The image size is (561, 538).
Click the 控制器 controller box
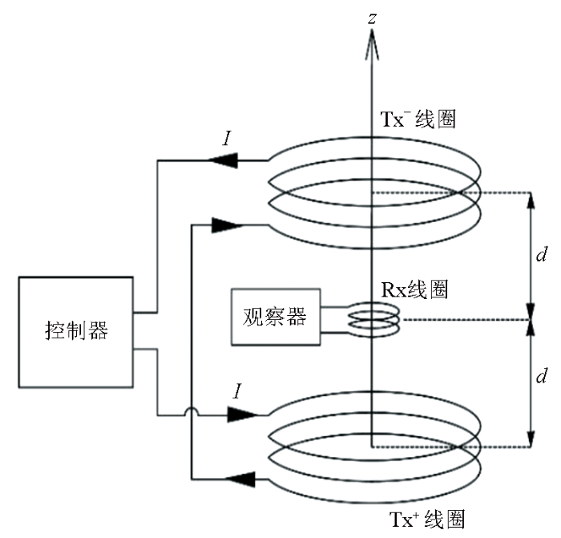[76, 332]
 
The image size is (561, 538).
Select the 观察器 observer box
[276, 317]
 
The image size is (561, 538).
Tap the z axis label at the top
[373, 18]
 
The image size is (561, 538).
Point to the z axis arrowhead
[372, 44]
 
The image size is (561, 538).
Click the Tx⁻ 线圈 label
[418, 119]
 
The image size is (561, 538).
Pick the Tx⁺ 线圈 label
[427, 520]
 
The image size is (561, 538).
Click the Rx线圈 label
[414, 289]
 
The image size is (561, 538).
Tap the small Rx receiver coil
[374, 319]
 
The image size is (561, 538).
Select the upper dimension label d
[542, 254]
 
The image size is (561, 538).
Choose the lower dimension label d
[542, 376]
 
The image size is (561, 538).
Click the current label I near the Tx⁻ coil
[227, 138]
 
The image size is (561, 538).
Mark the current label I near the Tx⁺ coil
[237, 391]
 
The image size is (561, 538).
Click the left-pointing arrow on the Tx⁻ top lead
[224, 160]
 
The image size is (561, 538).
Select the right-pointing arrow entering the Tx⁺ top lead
[242, 415]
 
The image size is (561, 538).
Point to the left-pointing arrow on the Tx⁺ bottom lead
[240, 479]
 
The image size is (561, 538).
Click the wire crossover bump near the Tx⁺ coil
[192, 411]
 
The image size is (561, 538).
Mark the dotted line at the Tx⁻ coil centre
[451, 193]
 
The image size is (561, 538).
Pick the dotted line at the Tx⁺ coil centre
[451, 447]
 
